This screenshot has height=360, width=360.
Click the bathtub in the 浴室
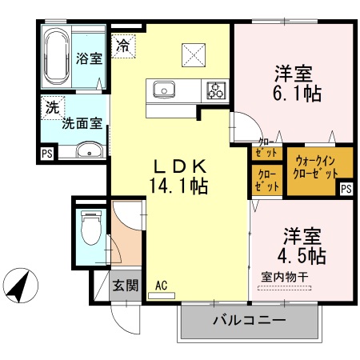[57, 57]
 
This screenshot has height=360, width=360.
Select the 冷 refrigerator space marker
[122, 46]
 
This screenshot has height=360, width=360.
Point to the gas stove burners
[214, 89]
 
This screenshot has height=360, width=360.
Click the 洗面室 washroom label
[82, 124]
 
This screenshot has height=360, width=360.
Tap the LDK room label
[182, 166]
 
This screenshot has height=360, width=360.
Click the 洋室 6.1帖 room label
[294, 83]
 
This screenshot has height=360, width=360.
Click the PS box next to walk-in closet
[346, 189]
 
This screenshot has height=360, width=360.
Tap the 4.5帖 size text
[302, 257]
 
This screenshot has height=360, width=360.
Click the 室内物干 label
[284, 278]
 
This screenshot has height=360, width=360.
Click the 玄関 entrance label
[125, 285]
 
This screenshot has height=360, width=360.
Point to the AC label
[161, 285]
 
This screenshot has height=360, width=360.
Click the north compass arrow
[22, 284]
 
